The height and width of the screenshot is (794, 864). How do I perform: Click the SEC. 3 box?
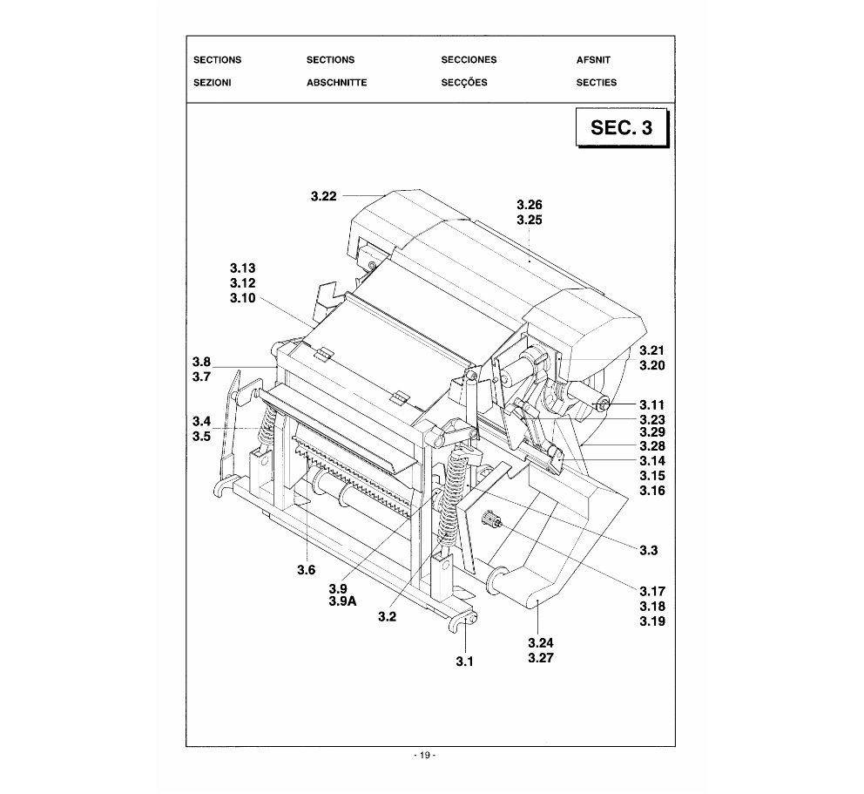tap(622, 127)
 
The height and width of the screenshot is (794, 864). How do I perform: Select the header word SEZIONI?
tap(213, 83)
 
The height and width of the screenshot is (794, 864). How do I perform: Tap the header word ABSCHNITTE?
tap(337, 83)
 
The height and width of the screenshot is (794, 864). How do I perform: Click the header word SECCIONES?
tap(469, 59)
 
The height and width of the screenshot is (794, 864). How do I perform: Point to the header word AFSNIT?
tap(593, 60)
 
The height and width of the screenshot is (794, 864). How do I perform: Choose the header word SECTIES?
tap(597, 83)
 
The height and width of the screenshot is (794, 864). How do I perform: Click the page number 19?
tap(424, 756)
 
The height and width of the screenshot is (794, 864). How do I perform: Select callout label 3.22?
tap(323, 196)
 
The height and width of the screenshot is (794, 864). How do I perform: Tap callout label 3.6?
tap(307, 570)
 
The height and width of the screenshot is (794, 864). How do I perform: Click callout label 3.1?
tap(464, 662)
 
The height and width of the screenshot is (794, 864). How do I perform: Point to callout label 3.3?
tap(649, 550)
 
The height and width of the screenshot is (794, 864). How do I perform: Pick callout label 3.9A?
tap(343, 601)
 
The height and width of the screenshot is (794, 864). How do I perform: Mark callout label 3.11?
tap(651, 405)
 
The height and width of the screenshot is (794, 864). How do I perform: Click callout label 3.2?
tap(387, 617)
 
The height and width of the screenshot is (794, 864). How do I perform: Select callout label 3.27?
tap(541, 658)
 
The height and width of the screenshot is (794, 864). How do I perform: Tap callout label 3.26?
tap(530, 205)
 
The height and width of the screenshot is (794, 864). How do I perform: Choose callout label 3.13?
tap(243, 268)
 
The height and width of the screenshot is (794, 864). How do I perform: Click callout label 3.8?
tap(202, 363)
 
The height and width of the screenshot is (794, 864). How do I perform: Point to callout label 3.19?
tap(652, 621)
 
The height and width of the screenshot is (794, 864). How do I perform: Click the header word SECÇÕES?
tap(464, 82)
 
